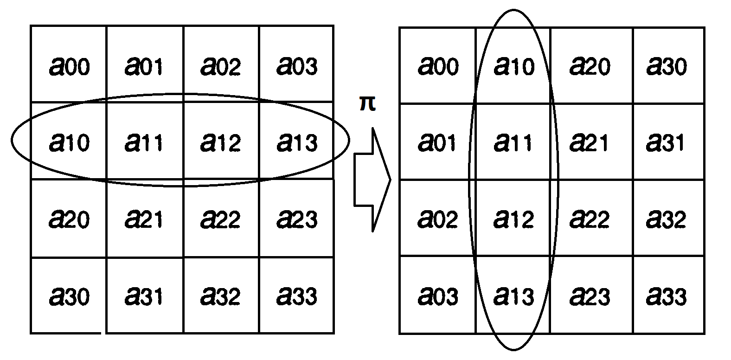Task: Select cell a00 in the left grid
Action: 69,65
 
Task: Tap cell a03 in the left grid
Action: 297,65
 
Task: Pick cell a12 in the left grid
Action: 221,141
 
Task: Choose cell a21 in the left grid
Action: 144,218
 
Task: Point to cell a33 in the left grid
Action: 297,295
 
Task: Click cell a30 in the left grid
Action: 69,295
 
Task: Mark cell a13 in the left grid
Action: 297,141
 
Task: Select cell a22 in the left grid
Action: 221,218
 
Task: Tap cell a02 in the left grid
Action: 221,65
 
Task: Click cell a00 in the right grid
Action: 437,65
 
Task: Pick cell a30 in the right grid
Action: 666,65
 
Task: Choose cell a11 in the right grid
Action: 513,141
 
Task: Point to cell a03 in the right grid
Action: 437,295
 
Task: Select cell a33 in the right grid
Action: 666,295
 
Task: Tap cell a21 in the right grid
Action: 590,141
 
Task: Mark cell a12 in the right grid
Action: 513,218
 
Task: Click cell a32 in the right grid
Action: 666,218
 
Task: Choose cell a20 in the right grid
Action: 590,65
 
